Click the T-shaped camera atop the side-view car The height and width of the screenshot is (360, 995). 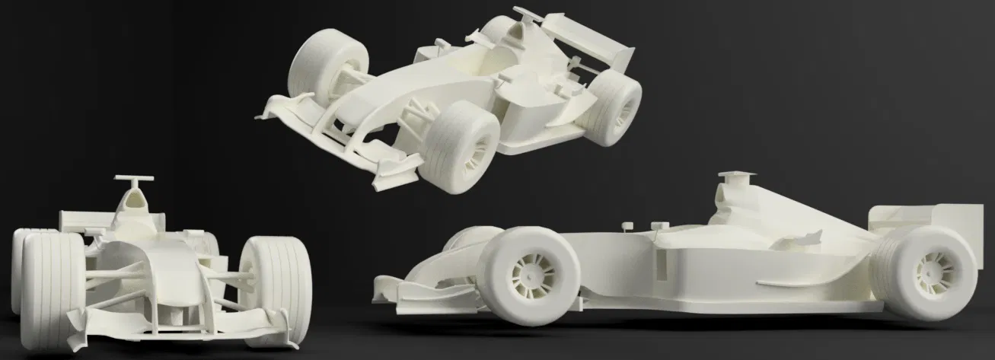pos(736,177)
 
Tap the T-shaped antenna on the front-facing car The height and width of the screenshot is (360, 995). pos(134,180)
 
